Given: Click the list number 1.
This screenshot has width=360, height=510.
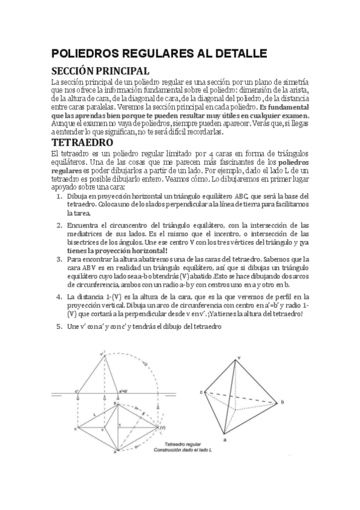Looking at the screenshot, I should pyautogui.click(x=59, y=196).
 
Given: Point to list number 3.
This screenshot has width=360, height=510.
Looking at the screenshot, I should pyautogui.click(x=59, y=259).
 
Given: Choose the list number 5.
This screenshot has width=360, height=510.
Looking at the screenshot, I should pyautogui.click(x=59, y=327).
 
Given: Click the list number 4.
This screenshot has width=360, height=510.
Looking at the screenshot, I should pyautogui.click(x=59, y=296).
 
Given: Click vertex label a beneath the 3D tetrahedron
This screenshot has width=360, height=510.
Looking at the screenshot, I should pyautogui.click(x=224, y=440).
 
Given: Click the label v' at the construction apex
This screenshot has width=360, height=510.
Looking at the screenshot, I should pyautogui.click(x=102, y=354).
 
